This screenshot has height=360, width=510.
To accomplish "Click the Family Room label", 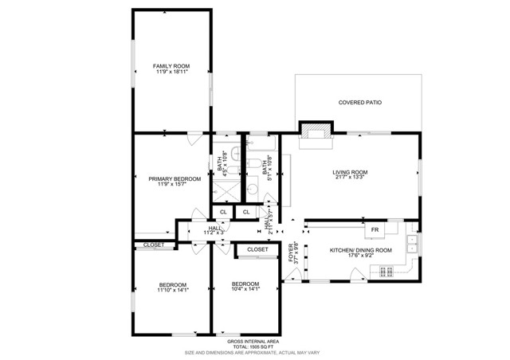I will [x=171, y=65].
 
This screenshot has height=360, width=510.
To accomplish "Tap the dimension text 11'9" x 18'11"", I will [x=171, y=72].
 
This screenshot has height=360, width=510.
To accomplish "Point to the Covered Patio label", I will [x=359, y=103].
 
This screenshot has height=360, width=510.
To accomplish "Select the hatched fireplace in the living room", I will [x=316, y=131].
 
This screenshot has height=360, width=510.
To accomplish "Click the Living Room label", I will [x=350, y=172].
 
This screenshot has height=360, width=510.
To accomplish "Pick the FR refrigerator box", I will [x=375, y=230].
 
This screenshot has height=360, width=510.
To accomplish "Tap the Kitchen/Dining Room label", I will [x=361, y=251].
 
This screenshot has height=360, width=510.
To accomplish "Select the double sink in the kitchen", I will [x=413, y=243].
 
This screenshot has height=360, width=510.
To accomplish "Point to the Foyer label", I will [x=291, y=252].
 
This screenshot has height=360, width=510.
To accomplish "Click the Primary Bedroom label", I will [x=175, y=178].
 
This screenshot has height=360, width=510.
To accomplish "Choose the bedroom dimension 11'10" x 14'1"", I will [x=172, y=291].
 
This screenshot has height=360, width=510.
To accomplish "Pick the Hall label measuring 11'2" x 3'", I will [x=214, y=229].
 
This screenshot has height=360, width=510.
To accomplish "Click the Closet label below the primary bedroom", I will [x=154, y=245].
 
